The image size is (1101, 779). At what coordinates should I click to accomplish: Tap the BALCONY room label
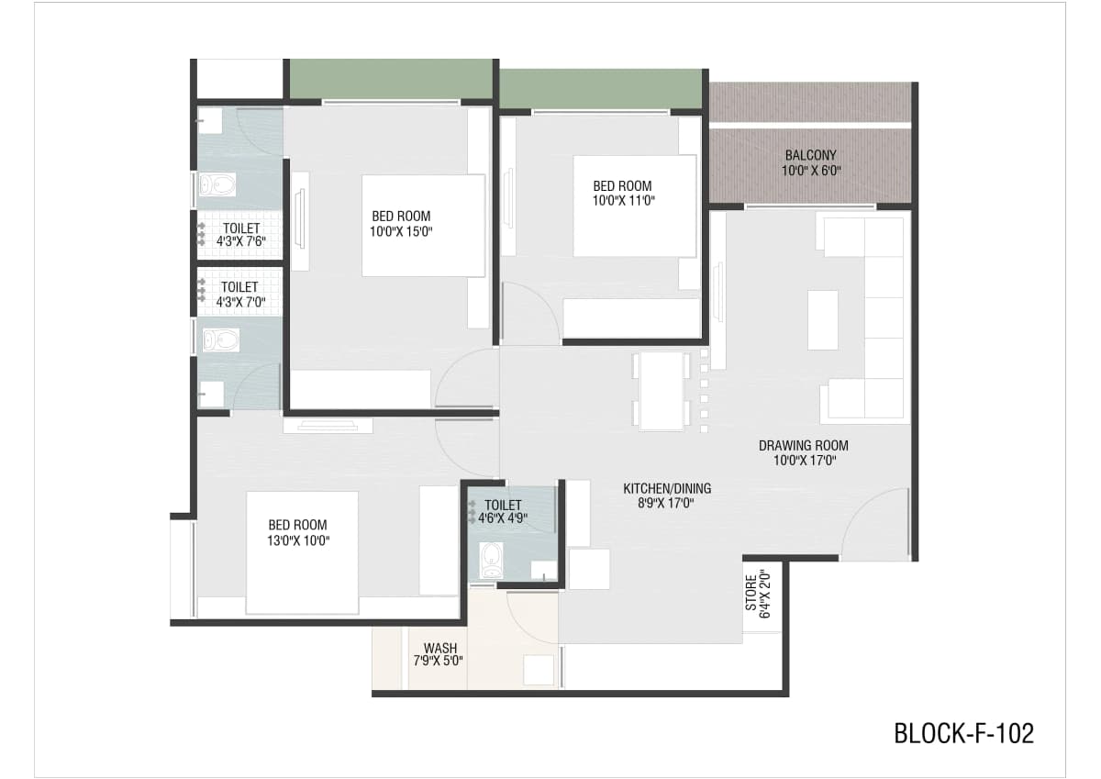(810, 155)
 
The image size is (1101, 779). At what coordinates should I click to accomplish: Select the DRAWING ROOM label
(804, 446)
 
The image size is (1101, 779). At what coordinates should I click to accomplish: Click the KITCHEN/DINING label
(667, 488)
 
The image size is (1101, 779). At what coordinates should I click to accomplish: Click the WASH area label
(440, 649)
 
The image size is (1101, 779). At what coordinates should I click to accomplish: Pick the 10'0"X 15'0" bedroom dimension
(401, 231)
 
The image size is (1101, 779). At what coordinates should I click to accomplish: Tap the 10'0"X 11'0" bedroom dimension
(624, 201)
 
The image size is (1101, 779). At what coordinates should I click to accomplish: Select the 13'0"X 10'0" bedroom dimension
(298, 540)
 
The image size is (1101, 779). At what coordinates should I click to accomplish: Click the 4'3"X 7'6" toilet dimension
(241, 241)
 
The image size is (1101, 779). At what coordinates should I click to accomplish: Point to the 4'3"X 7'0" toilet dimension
(240, 301)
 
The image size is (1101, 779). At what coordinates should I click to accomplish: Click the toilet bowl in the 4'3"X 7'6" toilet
(217, 185)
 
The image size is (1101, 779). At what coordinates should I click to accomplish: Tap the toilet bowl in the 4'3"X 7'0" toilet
(221, 340)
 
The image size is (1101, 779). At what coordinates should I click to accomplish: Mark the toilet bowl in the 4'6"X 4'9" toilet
(492, 560)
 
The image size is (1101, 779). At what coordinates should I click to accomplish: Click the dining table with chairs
(662, 391)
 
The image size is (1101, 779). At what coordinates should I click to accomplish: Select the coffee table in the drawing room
(823, 320)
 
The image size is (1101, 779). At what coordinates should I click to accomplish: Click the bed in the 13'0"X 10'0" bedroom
(302, 552)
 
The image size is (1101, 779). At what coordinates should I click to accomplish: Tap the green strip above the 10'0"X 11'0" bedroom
(601, 88)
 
